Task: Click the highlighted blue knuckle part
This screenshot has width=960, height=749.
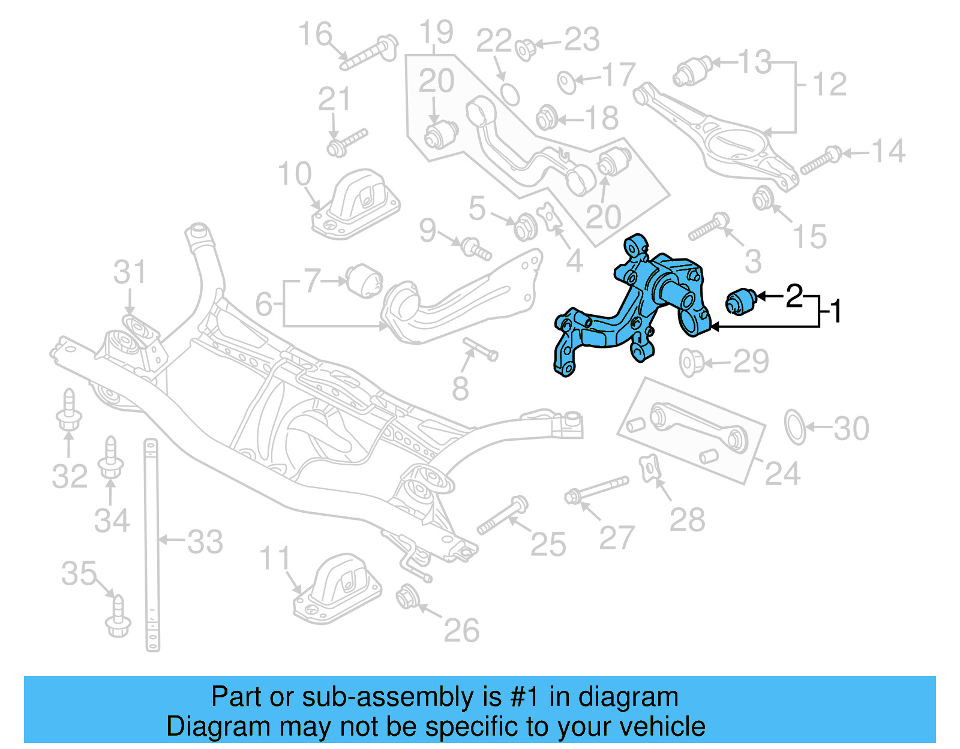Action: tap(636, 306)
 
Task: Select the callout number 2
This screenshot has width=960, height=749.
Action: tap(794, 296)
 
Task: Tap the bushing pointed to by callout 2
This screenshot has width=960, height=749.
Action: tap(741, 300)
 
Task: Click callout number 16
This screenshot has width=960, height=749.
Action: tap(315, 34)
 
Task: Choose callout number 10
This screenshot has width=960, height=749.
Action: tap(295, 175)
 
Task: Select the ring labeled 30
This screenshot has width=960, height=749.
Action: tap(795, 427)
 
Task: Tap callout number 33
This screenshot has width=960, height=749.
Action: tap(205, 542)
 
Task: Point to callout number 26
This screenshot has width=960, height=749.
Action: tap(461, 630)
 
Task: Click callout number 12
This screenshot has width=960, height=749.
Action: tap(830, 84)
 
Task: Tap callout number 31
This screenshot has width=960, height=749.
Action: tap(130, 273)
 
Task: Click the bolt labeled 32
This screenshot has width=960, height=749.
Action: tap(68, 413)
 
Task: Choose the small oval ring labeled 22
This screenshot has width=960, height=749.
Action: tap(509, 94)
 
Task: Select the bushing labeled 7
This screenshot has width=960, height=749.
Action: tap(364, 281)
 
